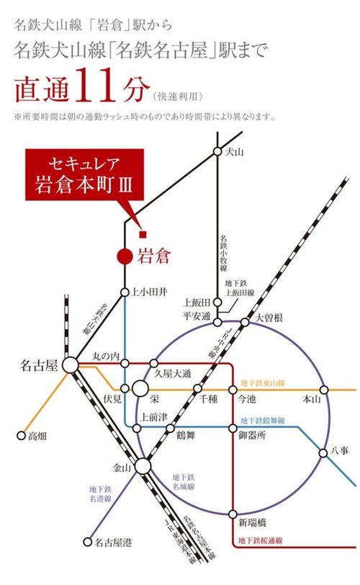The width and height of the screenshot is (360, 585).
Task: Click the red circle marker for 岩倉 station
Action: click(x=125, y=254)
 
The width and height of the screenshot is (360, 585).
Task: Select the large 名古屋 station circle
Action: click(x=71, y=365)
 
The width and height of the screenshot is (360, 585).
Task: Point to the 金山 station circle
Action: click(x=143, y=467)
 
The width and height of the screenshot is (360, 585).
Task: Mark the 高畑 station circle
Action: click(x=20, y=435)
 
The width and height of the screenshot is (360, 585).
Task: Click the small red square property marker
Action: click(x=143, y=233)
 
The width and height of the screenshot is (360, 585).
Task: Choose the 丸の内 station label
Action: click(x=105, y=356)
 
